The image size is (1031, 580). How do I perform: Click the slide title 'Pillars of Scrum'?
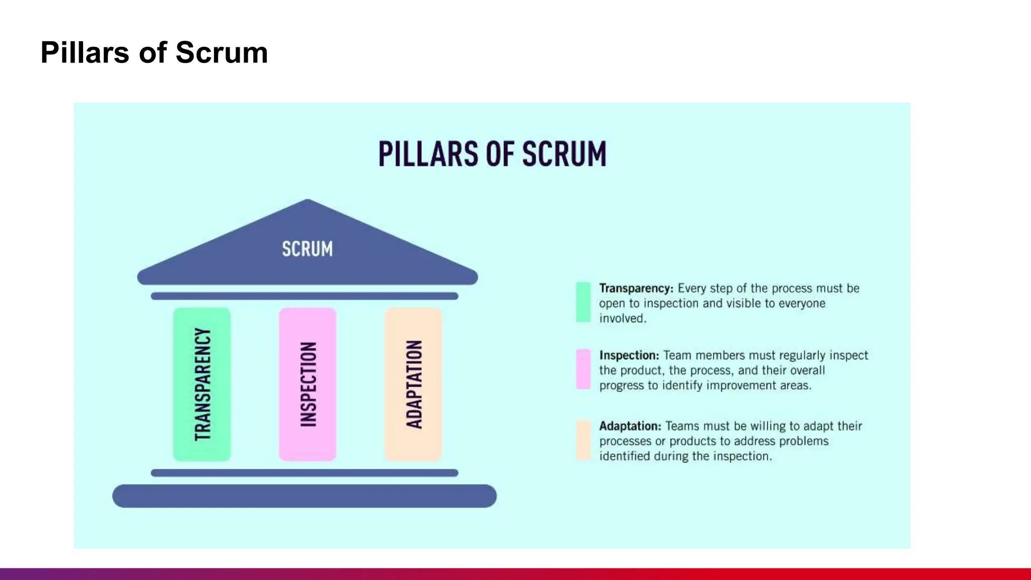pyautogui.click(x=154, y=52)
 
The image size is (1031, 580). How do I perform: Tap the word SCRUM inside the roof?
pyautogui.click(x=307, y=249)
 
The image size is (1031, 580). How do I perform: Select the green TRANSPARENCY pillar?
pyautogui.click(x=202, y=384)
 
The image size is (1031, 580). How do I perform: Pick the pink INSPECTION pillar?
pyautogui.click(x=308, y=384)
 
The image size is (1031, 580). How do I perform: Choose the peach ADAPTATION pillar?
pyautogui.click(x=413, y=384)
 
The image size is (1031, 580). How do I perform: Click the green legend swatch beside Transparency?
pyautogui.click(x=583, y=302)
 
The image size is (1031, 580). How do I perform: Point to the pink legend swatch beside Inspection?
pyautogui.click(x=583, y=369)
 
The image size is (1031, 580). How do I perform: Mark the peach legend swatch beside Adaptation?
pyautogui.click(x=583, y=440)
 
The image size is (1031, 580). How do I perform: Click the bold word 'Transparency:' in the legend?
pyautogui.click(x=636, y=288)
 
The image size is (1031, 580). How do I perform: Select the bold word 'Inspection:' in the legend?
pyautogui.click(x=629, y=355)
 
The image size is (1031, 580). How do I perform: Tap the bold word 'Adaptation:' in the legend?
pyautogui.click(x=630, y=426)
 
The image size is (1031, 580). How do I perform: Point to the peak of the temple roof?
pyautogui.click(x=308, y=201)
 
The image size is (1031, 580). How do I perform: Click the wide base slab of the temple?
pyautogui.click(x=304, y=496)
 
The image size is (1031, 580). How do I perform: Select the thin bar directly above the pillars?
pyautogui.click(x=304, y=296)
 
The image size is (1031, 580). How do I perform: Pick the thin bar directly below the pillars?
pyautogui.click(x=304, y=473)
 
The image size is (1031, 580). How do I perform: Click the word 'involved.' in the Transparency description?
pyautogui.click(x=622, y=319)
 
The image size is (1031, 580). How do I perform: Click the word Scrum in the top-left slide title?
pyautogui.click(x=222, y=52)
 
